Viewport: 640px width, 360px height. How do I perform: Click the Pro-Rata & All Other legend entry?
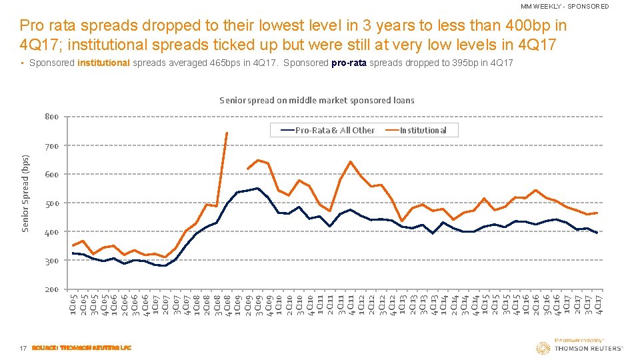point(335,130)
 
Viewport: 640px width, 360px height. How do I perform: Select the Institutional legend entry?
point(423,130)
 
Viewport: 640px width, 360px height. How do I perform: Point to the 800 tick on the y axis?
point(51,117)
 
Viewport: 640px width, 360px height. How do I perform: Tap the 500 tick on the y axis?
point(51,203)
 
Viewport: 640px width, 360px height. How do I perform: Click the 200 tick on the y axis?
point(51,290)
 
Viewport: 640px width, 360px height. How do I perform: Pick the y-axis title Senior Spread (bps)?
point(25,193)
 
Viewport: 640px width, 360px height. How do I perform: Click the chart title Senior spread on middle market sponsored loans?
point(317,101)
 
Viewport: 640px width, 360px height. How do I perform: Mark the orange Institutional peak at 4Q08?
point(227,133)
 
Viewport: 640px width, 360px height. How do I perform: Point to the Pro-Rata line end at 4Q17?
point(597,233)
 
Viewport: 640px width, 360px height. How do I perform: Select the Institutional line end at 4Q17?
point(597,213)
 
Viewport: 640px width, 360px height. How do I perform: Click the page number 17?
point(23,348)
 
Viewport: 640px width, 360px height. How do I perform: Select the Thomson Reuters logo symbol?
point(543,348)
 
